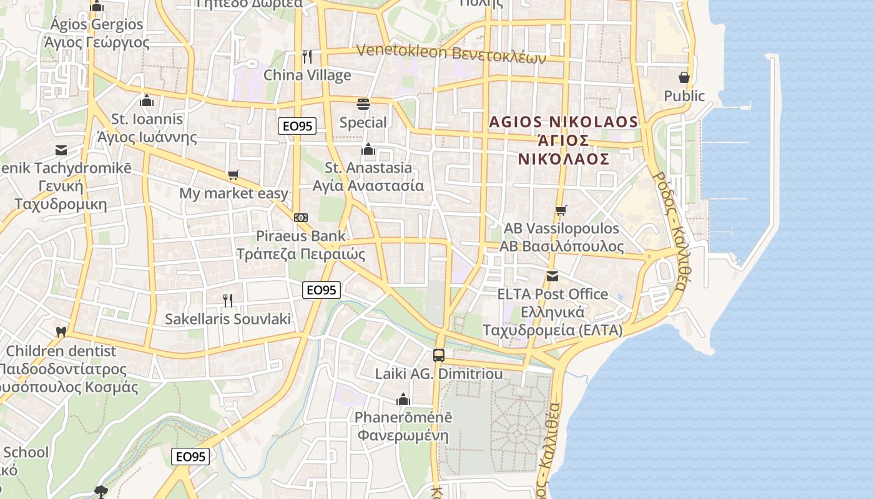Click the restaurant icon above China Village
tap(307, 57)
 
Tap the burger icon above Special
tap(363, 104)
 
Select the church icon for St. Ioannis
tap(147, 100)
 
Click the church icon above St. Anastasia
tap(368, 149)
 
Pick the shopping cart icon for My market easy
tap(233, 175)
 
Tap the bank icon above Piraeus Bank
tap(301, 218)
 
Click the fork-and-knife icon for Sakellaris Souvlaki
tap(228, 301)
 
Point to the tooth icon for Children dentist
tap(61, 332)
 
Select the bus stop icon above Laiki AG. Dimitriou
tap(439, 356)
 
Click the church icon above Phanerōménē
tap(403, 399)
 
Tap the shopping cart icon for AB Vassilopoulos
tap(561, 210)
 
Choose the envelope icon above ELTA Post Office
tap(552, 276)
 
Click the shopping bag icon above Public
tap(684, 77)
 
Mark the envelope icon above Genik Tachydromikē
tap(61, 150)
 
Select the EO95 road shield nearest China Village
tap(297, 127)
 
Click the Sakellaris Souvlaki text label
tap(228, 319)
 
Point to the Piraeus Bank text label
tap(300, 236)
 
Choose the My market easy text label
tap(233, 193)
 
